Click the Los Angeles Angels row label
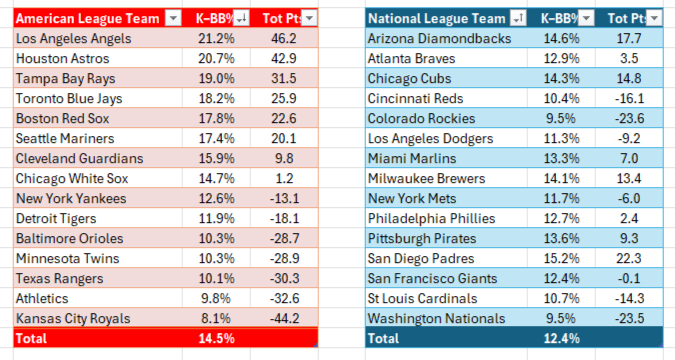pos(74,39)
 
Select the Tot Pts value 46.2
pos(284,39)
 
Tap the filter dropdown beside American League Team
pos(173,18)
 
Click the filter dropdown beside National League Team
pos(518,18)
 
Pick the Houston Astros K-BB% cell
pos(216,59)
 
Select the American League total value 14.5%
pos(216,338)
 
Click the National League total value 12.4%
pos(561,338)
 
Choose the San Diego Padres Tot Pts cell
pos(629,258)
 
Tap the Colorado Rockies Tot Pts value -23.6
pos(629,118)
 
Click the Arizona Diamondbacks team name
pos(439,39)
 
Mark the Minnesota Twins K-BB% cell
pos(216,258)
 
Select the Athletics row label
pos(42,298)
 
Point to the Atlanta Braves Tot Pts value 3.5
pos(629,59)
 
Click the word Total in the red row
pos(31,338)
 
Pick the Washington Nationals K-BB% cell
pos(560,319)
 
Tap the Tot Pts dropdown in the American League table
pos(309,18)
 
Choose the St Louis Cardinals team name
pos(422,298)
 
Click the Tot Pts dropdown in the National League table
pos(654,18)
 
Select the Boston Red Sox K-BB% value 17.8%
pos(216,118)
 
